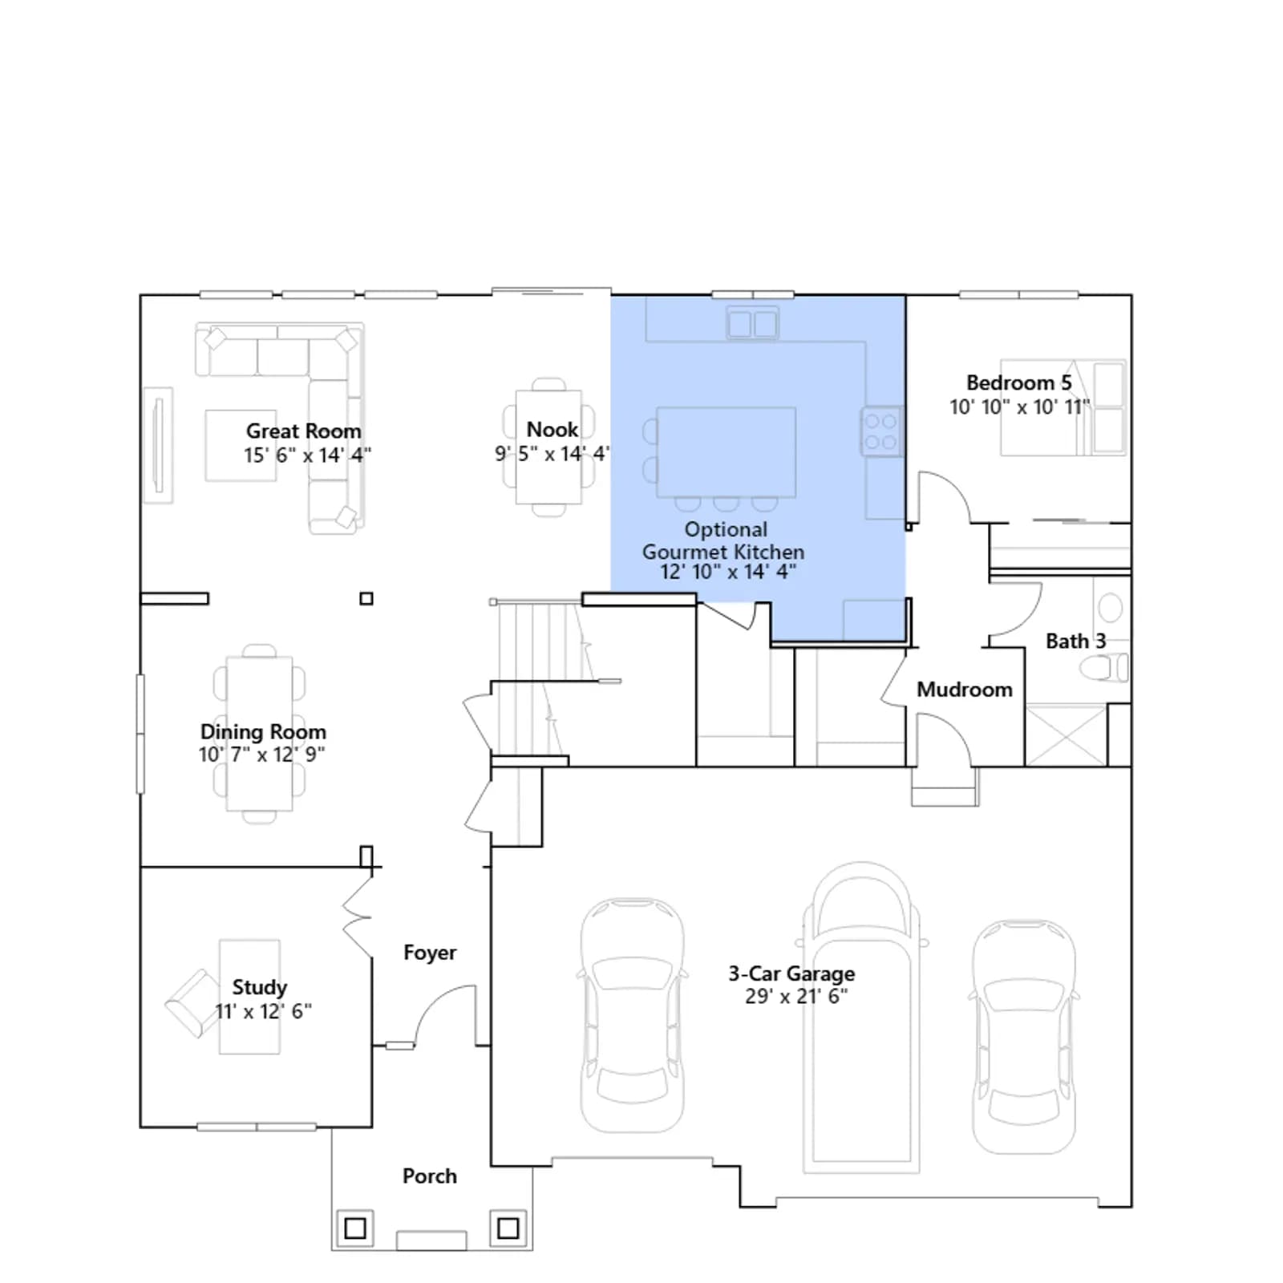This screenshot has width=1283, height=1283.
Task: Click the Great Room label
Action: (303, 431)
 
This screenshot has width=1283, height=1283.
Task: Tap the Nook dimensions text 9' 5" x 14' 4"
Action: (552, 454)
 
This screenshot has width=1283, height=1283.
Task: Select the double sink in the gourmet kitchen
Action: (752, 323)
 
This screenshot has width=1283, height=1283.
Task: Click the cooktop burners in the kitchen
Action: (881, 431)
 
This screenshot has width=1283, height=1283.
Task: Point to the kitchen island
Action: (726, 452)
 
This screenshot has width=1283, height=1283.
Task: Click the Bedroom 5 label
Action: (1018, 382)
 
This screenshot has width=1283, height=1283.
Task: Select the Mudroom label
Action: (965, 690)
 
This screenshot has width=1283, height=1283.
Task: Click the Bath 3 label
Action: (1075, 641)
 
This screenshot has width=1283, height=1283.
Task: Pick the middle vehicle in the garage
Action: (861, 1018)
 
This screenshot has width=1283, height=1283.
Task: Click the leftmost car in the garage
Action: (633, 1015)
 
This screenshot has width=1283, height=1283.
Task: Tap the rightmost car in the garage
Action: (1024, 1036)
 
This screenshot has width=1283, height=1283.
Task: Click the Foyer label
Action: (430, 953)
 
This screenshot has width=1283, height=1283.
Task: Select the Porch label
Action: (430, 1176)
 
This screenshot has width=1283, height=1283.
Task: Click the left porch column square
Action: (355, 1228)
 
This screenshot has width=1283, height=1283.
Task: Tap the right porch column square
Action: (508, 1228)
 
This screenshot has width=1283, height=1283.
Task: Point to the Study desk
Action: (249, 997)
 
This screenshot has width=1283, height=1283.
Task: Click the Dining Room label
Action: (263, 732)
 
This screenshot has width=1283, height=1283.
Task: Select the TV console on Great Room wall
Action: (158, 445)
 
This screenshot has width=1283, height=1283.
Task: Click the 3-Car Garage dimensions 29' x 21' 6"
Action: (796, 996)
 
